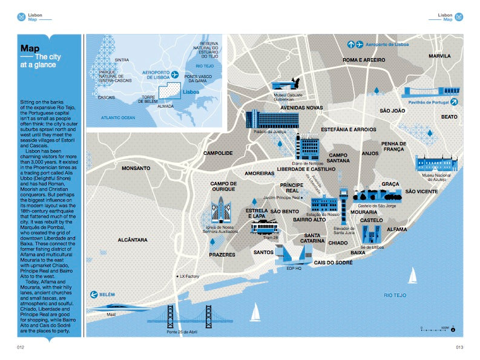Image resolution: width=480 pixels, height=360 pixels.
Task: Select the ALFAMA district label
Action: point(396,229)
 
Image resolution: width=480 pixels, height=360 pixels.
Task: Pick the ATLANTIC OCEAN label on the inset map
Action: point(119,117)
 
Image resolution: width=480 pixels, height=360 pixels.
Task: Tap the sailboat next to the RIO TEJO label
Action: point(413,276)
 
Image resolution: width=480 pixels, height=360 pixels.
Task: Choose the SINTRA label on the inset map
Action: point(121,60)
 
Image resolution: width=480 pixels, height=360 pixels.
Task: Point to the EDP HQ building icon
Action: point(294,255)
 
